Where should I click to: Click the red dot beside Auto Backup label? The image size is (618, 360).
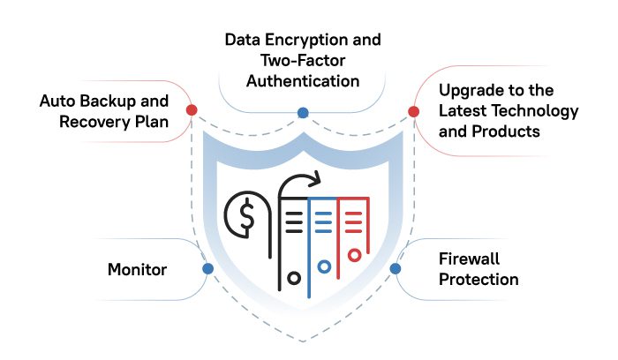coord(192,110)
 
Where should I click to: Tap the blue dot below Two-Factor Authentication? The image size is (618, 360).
coord(302,113)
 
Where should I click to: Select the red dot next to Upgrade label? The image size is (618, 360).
coord(413,111)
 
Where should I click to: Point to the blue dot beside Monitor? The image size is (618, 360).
coord(207,268)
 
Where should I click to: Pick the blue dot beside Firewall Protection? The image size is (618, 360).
coord(396,268)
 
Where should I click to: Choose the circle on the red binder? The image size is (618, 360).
coord(354,256)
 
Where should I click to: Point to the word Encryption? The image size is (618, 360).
coord(309,41)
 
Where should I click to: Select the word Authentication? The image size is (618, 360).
coord(303,81)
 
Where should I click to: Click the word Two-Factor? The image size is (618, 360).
coord(302,61)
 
